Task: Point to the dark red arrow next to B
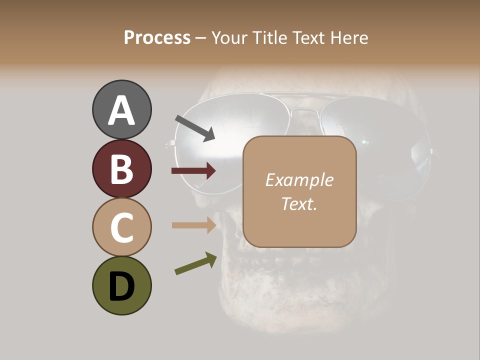coord(193,171)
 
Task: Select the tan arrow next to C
coord(193,225)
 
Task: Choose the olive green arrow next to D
coord(195,264)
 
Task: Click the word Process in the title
coord(157,37)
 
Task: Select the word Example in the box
coord(299,180)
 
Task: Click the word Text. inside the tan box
coord(299,203)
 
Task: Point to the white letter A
coord(121,111)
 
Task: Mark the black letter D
coord(121,287)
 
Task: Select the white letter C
coord(121,228)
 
